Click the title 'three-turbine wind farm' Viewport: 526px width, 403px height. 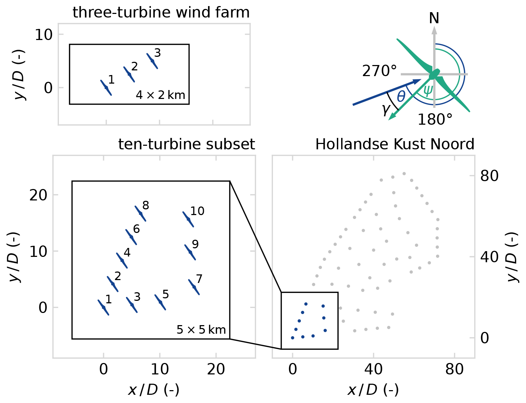[x=161, y=13]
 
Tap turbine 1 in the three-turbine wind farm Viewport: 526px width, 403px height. [x=106, y=88]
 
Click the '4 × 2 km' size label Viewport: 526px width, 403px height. [x=161, y=95]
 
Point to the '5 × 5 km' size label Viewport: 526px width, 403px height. [x=201, y=329]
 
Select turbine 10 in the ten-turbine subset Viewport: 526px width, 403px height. [x=188, y=219]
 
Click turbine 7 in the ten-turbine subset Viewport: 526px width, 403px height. [x=194, y=287]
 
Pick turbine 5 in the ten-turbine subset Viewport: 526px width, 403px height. [x=160, y=302]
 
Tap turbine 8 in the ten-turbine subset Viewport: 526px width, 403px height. [x=140, y=214]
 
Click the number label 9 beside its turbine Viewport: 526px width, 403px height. [x=195, y=244]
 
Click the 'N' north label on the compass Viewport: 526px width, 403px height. [x=434, y=18]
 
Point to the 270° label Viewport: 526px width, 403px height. [x=379, y=71]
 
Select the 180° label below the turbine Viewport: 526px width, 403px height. [x=435, y=120]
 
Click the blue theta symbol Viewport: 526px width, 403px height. [x=401, y=96]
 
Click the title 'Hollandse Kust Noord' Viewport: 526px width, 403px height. [x=395, y=144]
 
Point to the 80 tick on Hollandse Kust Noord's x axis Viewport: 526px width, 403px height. [x=454, y=369]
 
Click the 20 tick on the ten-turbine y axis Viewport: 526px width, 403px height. [x=38, y=195]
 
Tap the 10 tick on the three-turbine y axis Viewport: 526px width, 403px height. [x=44, y=35]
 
